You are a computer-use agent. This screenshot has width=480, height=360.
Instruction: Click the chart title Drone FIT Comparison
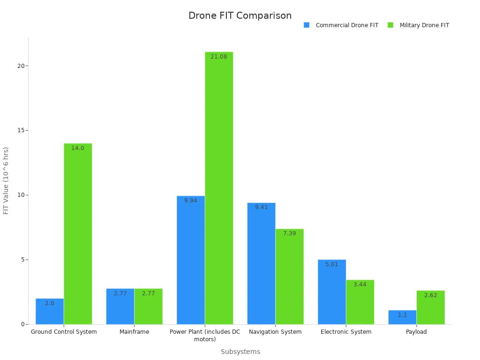[x=240, y=15]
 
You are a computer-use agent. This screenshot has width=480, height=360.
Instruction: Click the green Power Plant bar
[x=218, y=187]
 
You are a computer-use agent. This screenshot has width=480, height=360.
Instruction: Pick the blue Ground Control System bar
[x=50, y=311]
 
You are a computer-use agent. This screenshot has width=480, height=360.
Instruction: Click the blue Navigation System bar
[x=261, y=263]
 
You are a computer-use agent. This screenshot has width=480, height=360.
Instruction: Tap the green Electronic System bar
[x=360, y=302]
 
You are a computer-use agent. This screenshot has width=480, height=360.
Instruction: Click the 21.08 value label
[x=218, y=57]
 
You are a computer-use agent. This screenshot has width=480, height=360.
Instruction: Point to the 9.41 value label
[x=261, y=207]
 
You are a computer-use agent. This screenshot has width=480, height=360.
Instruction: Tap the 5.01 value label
[x=331, y=264]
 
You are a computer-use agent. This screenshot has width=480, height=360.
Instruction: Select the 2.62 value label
[x=430, y=295]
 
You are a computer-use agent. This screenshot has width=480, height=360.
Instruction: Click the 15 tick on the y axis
[x=21, y=130]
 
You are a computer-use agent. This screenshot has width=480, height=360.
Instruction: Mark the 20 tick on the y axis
[x=21, y=66]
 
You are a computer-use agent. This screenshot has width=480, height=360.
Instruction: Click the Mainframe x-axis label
[x=134, y=332]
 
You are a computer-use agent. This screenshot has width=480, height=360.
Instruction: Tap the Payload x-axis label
[x=416, y=332]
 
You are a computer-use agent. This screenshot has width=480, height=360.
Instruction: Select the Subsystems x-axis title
[x=240, y=352]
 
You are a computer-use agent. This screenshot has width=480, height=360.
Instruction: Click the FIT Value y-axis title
[x=6, y=180]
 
